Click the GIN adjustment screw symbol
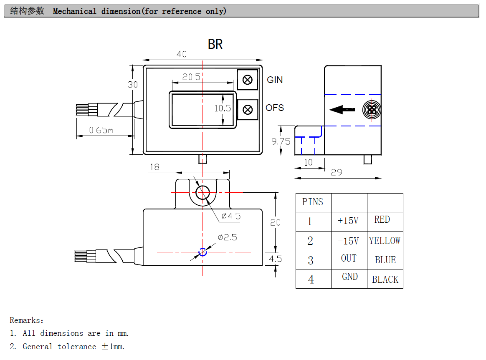pyautogui.click(x=248, y=80)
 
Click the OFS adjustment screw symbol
pyautogui.click(x=248, y=110)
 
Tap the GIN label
pyautogui.click(x=275, y=80)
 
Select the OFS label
pyautogui.click(x=275, y=108)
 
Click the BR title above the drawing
pyautogui.click(x=215, y=44)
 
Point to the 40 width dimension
pyautogui.click(x=182, y=54)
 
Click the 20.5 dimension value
pyautogui.click(x=192, y=77)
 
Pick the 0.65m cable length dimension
pyautogui.click(x=101, y=130)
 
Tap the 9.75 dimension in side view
pyautogui.click(x=281, y=141)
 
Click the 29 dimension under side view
pyautogui.click(x=337, y=172)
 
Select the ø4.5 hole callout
pyautogui.click(x=231, y=216)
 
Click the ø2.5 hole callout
pyautogui.click(x=227, y=237)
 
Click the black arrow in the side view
pyautogui.click(x=342, y=110)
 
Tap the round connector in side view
pyautogui.click(x=371, y=110)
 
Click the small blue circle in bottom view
pyautogui.click(x=203, y=252)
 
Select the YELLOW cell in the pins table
pyautogui.click(x=385, y=241)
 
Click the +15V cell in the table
pyautogui.click(x=348, y=221)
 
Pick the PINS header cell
pyautogui.click(x=313, y=202)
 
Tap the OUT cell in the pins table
pyautogui.click(x=349, y=259)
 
